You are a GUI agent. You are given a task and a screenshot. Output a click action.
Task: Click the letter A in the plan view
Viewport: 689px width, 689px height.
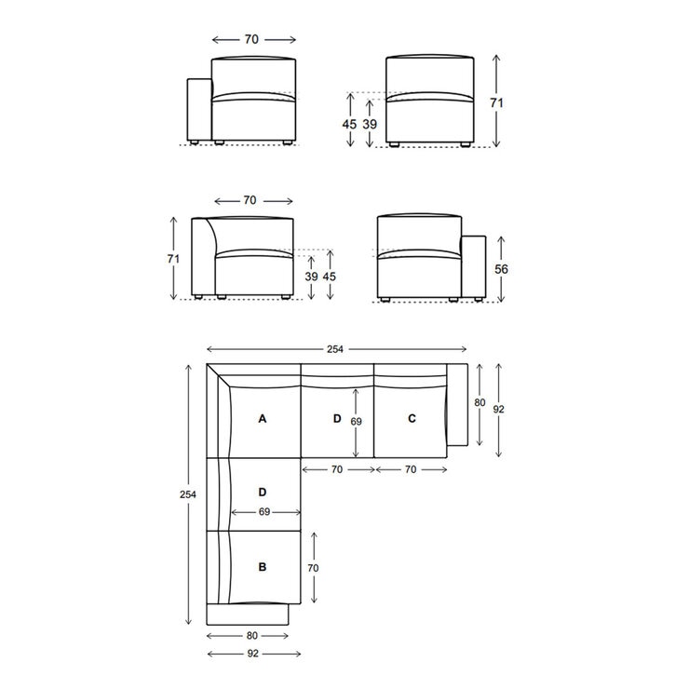[263, 419]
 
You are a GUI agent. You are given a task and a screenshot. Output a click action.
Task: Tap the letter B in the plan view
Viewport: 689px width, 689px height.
[263, 565]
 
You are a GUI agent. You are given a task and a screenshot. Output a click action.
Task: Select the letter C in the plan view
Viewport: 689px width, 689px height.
[412, 419]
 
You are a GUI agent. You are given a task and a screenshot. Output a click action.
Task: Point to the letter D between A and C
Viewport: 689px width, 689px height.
[337, 419]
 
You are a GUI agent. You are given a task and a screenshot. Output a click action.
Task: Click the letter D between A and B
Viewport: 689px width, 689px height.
[263, 491]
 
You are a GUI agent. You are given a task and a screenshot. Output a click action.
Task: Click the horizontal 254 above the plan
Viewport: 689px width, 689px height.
[335, 349]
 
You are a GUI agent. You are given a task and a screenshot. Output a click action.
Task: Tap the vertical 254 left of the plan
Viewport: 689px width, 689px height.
[189, 495]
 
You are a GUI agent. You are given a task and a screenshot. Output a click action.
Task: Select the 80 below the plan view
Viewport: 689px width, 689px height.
[252, 637]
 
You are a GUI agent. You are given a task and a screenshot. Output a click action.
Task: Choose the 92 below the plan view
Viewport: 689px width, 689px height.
[252, 655]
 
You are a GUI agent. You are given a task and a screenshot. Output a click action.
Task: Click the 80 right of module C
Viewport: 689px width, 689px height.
[480, 403]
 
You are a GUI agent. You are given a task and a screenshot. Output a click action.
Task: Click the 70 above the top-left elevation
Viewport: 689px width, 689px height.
[251, 40]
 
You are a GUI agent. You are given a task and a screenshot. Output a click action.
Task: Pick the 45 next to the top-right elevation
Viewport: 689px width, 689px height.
[350, 124]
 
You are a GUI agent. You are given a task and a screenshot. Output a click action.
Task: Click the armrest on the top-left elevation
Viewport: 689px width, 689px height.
[199, 110]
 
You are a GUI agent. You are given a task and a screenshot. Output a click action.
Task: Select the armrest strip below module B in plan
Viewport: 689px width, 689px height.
[248, 615]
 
